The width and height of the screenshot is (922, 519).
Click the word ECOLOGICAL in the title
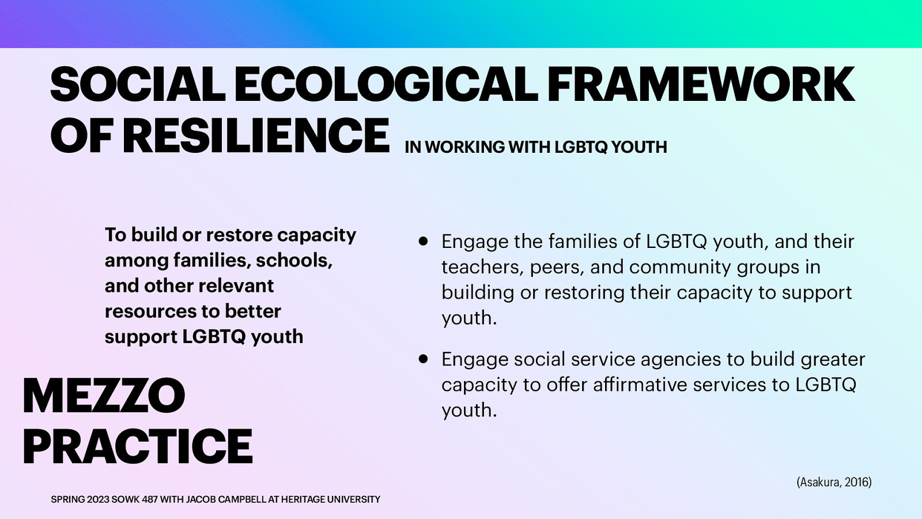386,85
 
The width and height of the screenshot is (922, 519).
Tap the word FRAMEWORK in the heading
700,85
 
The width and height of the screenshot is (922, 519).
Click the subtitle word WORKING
464,147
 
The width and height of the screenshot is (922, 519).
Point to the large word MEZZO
104,396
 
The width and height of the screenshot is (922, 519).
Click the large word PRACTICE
137,446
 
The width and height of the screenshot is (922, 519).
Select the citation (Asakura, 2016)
833,482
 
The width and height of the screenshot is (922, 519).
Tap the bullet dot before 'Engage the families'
424,241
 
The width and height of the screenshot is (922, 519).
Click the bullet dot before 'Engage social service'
424,359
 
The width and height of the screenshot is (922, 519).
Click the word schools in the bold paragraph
294,261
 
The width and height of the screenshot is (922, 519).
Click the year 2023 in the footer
97,499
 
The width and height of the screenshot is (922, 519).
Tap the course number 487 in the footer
150,499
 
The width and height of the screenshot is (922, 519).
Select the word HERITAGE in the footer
303,499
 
